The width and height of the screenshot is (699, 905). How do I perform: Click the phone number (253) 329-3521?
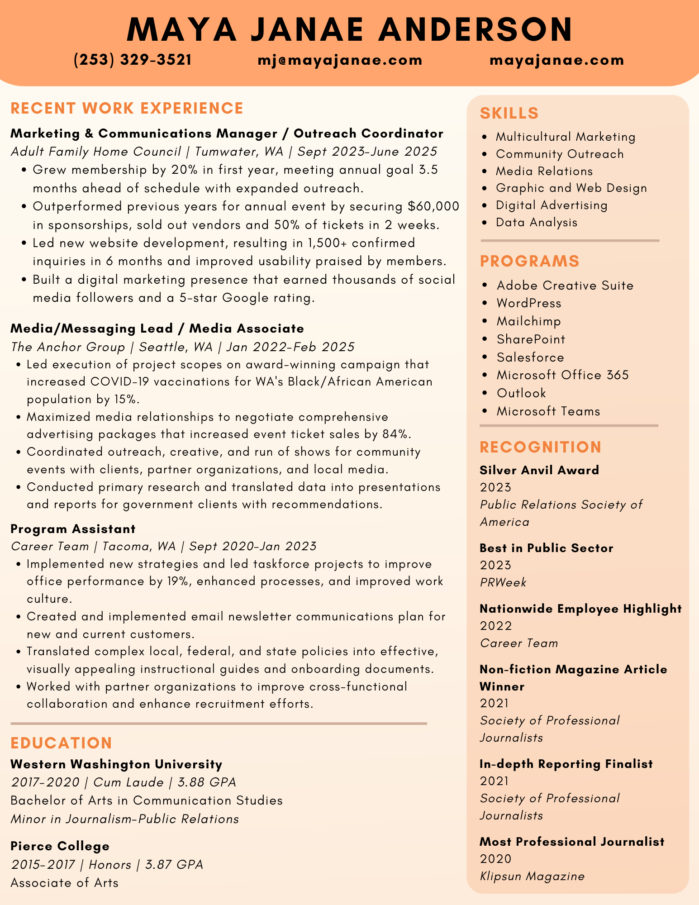pyautogui.click(x=133, y=60)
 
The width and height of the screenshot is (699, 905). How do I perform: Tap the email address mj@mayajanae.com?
pyautogui.click(x=340, y=60)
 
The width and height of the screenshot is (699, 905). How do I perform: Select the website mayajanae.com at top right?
pyautogui.click(x=556, y=60)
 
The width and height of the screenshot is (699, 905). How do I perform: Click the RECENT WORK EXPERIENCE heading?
pyautogui.click(x=127, y=109)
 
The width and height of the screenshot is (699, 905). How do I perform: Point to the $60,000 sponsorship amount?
pyautogui.click(x=433, y=206)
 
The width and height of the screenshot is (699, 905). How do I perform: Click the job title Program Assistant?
pyautogui.click(x=73, y=529)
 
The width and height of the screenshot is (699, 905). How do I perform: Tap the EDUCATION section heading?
pyautogui.click(x=61, y=743)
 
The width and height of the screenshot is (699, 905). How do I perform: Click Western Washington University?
pyautogui.click(x=116, y=764)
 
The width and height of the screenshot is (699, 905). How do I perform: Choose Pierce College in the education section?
pyautogui.click(x=60, y=846)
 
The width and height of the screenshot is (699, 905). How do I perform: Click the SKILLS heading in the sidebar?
pyautogui.click(x=509, y=113)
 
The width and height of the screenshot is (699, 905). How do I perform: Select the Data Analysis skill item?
pyautogui.click(x=537, y=222)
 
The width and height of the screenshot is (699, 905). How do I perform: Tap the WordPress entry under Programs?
pyautogui.click(x=529, y=303)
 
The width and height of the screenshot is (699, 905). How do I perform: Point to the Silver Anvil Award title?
pyautogui.click(x=539, y=470)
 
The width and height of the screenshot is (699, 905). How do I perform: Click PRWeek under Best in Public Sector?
pyautogui.click(x=503, y=582)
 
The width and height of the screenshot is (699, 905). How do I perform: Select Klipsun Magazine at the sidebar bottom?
pyautogui.click(x=532, y=876)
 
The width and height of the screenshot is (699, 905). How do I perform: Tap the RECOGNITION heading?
pyautogui.click(x=540, y=447)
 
